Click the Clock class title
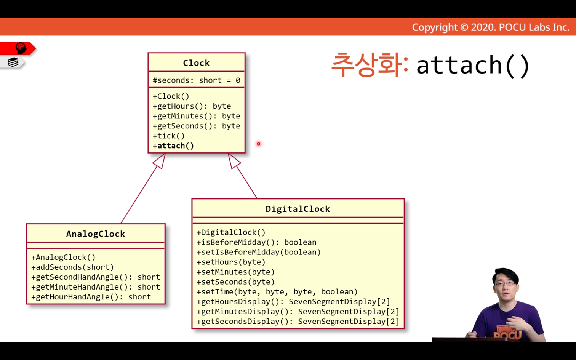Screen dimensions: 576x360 [x=196, y=63]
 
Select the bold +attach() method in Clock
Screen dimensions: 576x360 [x=173, y=146]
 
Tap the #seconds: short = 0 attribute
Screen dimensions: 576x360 [x=197, y=80]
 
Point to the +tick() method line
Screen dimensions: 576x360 [x=169, y=136]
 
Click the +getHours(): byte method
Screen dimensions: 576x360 [x=192, y=106]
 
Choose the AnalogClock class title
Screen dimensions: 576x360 [x=96, y=234]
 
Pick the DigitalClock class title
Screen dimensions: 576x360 [x=298, y=209]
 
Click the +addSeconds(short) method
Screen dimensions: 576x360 [x=72, y=267]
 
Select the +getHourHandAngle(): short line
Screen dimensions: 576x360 [x=91, y=297]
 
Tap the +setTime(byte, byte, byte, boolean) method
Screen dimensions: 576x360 [x=277, y=292]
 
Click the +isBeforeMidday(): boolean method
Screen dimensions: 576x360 [x=257, y=242]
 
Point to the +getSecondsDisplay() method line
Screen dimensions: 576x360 [x=298, y=322]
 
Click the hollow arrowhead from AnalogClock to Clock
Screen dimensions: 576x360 [x=160, y=161]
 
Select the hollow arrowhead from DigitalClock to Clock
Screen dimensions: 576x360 [x=234, y=161]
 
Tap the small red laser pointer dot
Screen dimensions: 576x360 [x=258, y=144]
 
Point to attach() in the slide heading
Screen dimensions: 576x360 [x=473, y=66]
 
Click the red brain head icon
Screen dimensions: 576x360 [x=21, y=48]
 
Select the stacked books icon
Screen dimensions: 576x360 [x=13, y=62]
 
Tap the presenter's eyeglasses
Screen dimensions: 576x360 [x=504, y=284]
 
